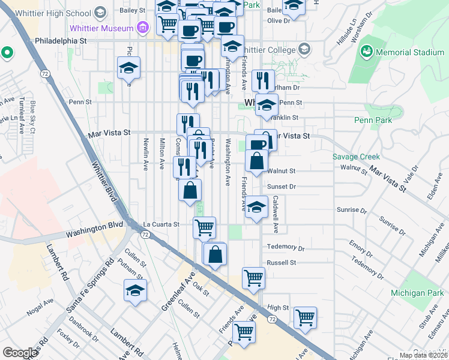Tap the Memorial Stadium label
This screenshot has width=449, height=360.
click(410, 52)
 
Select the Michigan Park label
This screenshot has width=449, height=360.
click(417, 292)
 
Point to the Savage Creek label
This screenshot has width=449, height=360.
click(356, 157)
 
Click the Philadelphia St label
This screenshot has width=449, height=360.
click(61, 40)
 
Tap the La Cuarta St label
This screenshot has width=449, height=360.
click(161, 224)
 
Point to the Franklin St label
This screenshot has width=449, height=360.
click(286, 118)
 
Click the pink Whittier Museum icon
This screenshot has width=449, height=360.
click(142, 27)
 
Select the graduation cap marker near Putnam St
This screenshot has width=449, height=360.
click(135, 290)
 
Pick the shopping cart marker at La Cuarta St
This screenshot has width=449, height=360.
click(204, 227)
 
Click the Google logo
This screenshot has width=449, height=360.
click(20, 353)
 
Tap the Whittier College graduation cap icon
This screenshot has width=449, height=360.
click(304, 49)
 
